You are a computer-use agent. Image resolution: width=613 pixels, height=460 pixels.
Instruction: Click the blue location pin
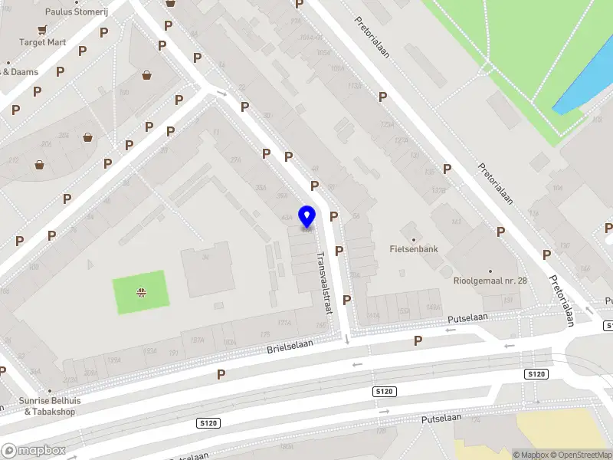tap(306, 216)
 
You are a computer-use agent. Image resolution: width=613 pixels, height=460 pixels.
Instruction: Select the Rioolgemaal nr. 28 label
tap(490, 281)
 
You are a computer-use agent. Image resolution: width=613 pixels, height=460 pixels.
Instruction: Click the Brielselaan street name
tap(290, 346)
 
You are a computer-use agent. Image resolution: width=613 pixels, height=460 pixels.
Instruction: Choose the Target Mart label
tap(43, 42)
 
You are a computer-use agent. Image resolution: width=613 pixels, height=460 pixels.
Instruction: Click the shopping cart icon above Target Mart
tap(43, 29)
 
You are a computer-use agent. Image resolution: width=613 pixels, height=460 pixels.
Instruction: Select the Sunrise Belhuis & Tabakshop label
tap(50, 406)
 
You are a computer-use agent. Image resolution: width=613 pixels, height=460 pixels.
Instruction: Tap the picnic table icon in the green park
tap(140, 291)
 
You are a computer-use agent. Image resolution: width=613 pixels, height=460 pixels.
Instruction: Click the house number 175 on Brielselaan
tap(265, 334)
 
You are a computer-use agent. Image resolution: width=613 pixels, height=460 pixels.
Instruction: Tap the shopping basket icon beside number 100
tap(146, 75)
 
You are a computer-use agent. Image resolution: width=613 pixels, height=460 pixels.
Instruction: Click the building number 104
tap(556, 187)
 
